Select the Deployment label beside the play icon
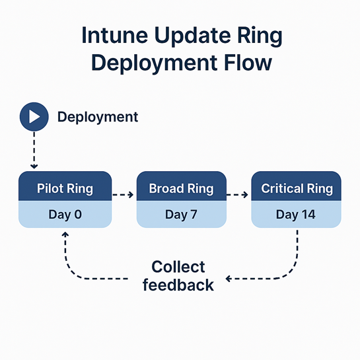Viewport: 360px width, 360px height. pos(98,118)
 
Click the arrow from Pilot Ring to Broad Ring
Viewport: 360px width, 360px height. pos(122,195)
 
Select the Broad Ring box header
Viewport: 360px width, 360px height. pos(181,188)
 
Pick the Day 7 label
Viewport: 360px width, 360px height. pos(181,214)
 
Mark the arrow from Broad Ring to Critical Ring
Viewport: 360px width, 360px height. pos(238,195)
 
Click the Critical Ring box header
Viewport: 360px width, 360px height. pos(297,188)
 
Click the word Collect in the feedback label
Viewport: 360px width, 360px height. pos(178,268)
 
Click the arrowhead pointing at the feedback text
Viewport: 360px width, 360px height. pos(229,279)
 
